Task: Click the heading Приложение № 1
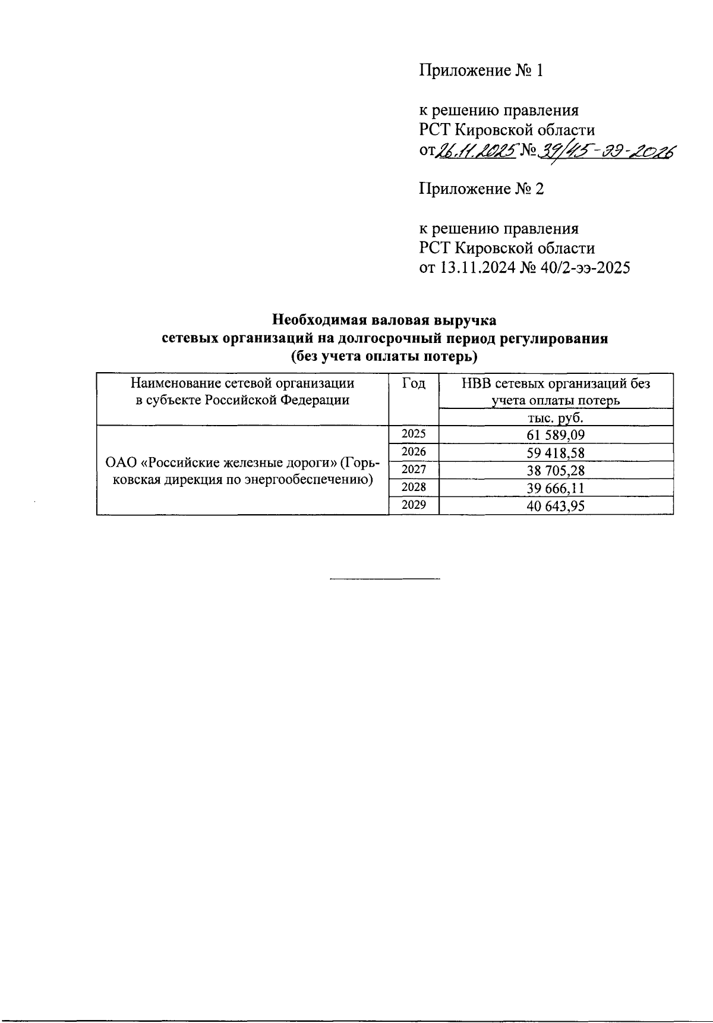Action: (x=481, y=71)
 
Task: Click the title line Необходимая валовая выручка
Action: (x=384, y=320)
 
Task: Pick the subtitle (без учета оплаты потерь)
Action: (x=384, y=357)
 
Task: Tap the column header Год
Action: (x=414, y=383)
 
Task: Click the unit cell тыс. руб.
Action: (x=556, y=417)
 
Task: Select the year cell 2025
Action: (x=414, y=434)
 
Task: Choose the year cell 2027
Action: (x=414, y=470)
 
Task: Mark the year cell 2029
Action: (x=414, y=505)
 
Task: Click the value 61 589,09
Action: (x=556, y=435)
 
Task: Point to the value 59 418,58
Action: (x=556, y=453)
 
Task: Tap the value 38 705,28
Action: (x=556, y=471)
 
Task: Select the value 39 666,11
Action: (x=556, y=489)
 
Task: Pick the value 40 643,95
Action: (x=556, y=506)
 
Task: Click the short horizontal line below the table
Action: (x=384, y=578)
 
